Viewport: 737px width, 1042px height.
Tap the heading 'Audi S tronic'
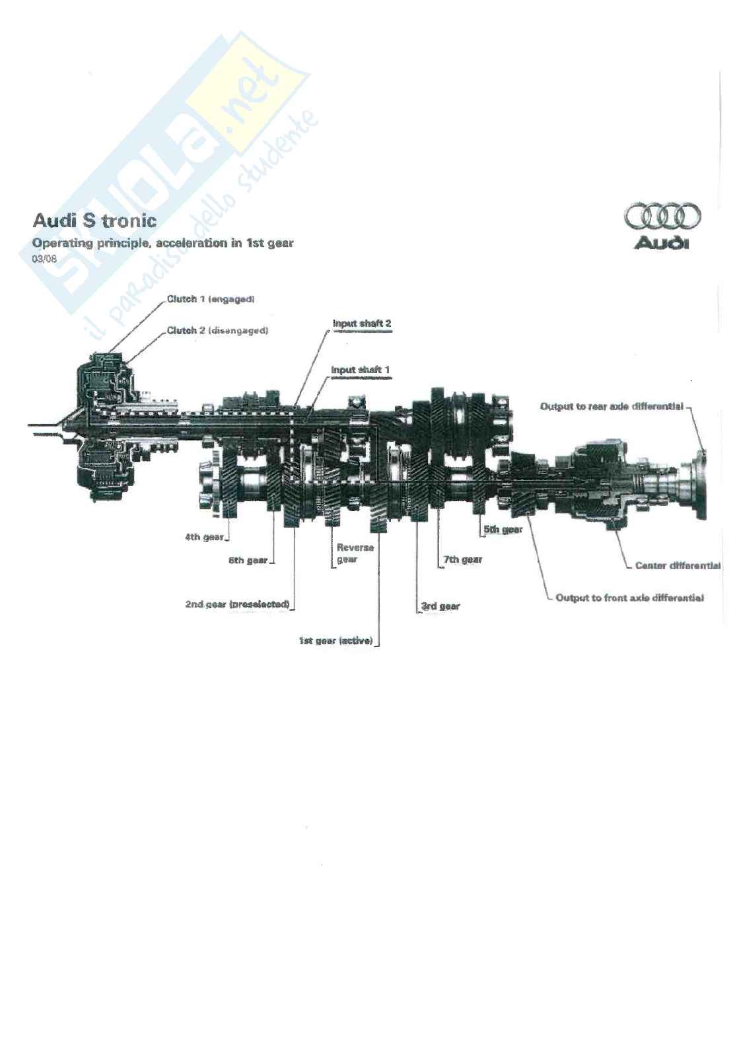(x=94, y=221)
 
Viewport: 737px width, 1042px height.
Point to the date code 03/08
(x=44, y=259)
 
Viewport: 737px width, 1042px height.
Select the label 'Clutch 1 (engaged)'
(x=211, y=299)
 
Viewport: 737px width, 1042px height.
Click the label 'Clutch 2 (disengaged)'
(x=217, y=331)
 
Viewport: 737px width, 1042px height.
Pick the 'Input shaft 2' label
(x=362, y=324)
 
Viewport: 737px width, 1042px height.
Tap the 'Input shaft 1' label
(x=360, y=370)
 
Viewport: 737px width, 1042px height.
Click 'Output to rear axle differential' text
(x=612, y=407)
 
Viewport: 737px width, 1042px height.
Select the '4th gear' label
(x=205, y=537)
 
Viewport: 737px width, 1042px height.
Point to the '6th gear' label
(x=248, y=561)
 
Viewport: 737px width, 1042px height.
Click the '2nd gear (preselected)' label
(x=237, y=605)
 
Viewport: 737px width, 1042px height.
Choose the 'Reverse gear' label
(x=355, y=553)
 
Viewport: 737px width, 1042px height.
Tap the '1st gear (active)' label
(x=336, y=641)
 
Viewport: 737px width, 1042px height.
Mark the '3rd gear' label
(x=440, y=606)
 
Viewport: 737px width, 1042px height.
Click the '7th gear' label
(x=463, y=559)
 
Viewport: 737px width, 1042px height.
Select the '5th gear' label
(x=503, y=530)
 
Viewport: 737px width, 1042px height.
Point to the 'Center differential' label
(x=678, y=566)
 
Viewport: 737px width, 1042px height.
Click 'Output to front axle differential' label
(x=629, y=598)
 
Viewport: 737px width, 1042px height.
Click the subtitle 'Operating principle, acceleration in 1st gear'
(x=163, y=243)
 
